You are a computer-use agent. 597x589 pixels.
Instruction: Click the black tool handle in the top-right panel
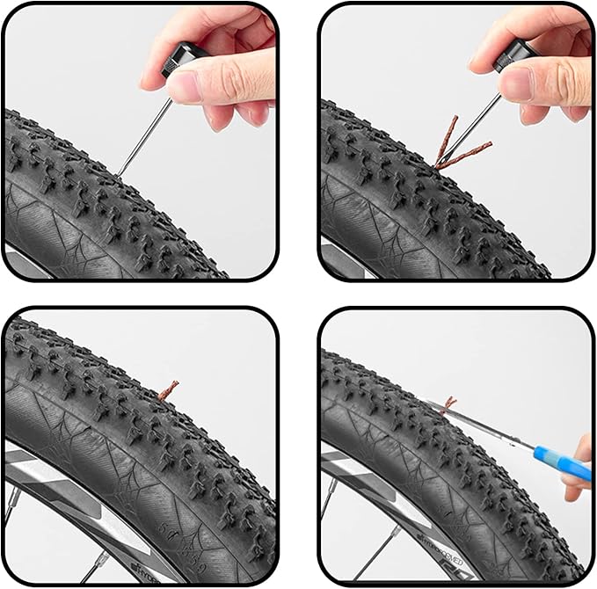(x=510, y=58)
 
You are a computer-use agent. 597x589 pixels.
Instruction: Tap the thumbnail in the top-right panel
(x=517, y=83)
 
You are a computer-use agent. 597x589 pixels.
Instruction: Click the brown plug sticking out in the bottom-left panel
(x=167, y=389)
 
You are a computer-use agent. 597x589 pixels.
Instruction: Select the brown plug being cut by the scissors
(x=449, y=404)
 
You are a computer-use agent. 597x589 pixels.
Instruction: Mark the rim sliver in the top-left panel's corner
(x=18, y=259)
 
